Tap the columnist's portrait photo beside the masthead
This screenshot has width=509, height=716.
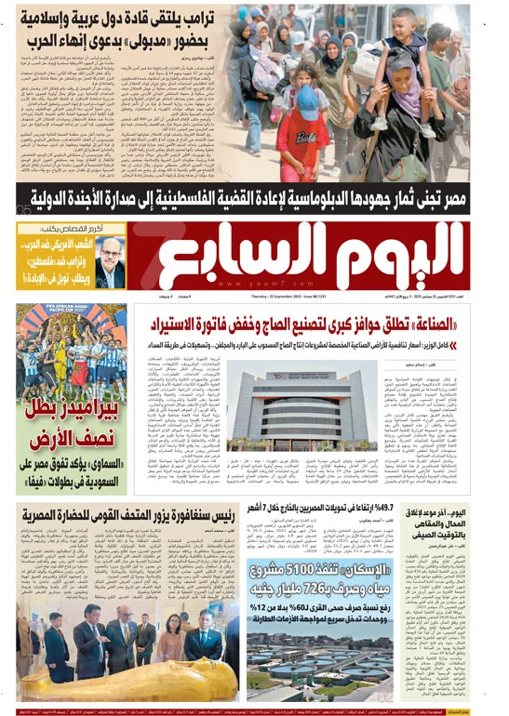point(111,263)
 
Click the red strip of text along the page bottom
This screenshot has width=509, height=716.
point(254,709)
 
